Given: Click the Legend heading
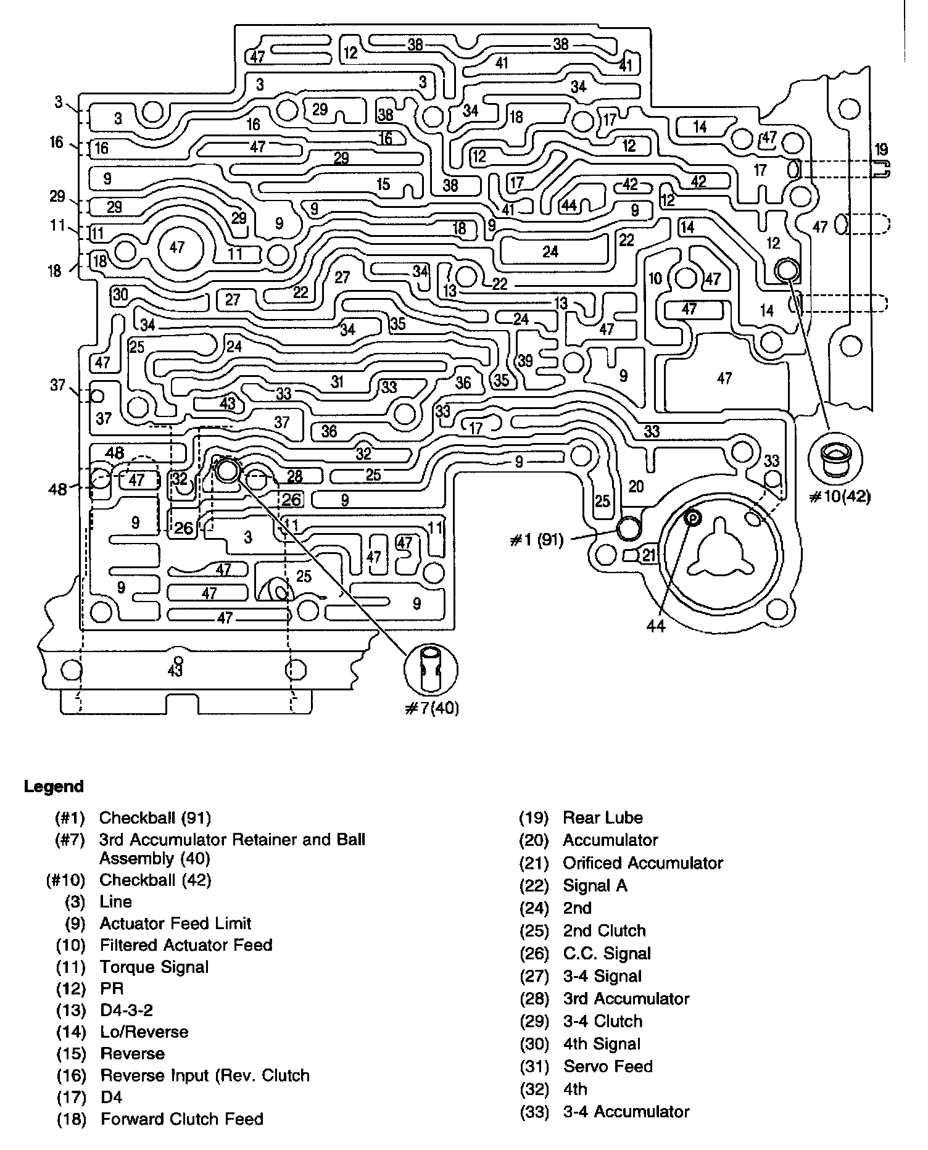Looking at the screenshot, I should coord(54,787).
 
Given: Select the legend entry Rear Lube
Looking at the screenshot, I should coord(602,817).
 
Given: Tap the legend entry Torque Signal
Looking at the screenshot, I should coord(154,967).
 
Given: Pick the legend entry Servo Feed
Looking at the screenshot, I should coord(607,1066).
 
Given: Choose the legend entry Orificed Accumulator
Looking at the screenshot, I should coord(642,862).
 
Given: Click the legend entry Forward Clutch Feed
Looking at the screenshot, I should coord(181,1119).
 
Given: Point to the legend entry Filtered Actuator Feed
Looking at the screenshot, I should coord(186,945).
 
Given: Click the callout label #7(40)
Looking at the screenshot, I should coord(432,708).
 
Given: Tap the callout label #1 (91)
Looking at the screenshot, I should coord(537,541).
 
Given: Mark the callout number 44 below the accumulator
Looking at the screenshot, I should coord(655,626).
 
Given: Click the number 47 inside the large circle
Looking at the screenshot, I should coord(177,247).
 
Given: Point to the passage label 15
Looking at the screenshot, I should coord(383,184).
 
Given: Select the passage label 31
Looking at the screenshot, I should coord(337,381).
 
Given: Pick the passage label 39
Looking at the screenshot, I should coord(525,360).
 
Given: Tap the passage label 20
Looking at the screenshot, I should coord(636,486).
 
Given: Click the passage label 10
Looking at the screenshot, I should coord(655,278).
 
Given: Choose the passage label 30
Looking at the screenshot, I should coord(120,294).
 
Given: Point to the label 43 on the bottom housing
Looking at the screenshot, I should coord(175,670).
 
